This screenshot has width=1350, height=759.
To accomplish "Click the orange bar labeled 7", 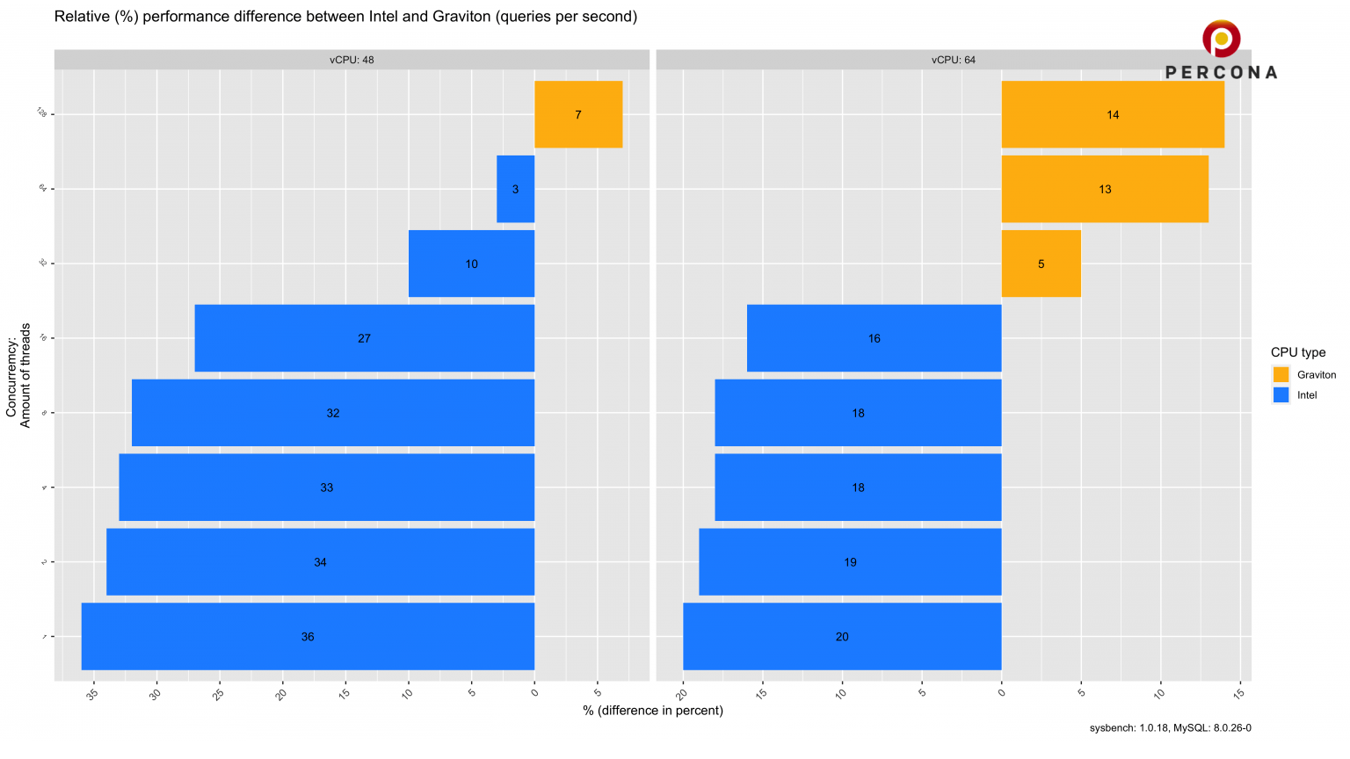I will click(x=578, y=114).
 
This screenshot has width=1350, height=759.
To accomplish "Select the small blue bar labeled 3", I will click(x=515, y=189).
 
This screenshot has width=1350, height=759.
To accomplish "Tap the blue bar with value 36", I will click(x=308, y=636).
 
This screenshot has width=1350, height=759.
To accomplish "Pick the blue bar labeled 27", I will click(x=364, y=338).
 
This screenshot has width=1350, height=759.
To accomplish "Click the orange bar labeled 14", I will click(x=1113, y=114).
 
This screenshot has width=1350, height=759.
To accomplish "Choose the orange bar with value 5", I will click(x=1041, y=264).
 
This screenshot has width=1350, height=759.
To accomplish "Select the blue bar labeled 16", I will click(x=874, y=338).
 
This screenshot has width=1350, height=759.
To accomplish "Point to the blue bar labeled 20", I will click(x=842, y=636).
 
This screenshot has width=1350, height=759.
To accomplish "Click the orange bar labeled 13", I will click(x=1105, y=189).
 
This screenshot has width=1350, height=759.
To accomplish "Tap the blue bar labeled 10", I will click(x=471, y=264).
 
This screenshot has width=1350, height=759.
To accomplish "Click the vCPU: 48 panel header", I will click(x=352, y=60).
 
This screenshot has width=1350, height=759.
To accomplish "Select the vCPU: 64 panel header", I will click(x=954, y=60).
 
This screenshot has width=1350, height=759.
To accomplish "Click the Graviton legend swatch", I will click(x=1281, y=374).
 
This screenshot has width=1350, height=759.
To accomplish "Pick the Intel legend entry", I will click(x=1307, y=395).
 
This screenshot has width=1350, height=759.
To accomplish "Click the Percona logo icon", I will click(x=1221, y=39).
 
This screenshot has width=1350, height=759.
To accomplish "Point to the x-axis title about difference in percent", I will click(x=652, y=710).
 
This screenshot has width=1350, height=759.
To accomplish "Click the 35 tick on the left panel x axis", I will click(x=93, y=694).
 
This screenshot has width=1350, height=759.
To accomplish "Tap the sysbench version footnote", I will click(x=1170, y=727).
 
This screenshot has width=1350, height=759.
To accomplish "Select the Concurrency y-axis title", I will click(x=18, y=375).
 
